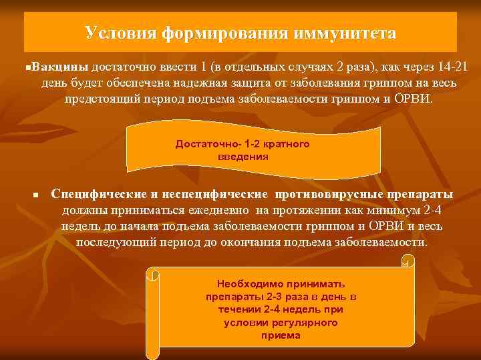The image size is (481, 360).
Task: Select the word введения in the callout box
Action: click(x=243, y=157)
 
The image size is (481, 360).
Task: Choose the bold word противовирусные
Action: click(x=327, y=194)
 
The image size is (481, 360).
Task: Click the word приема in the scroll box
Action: click(x=281, y=335)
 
